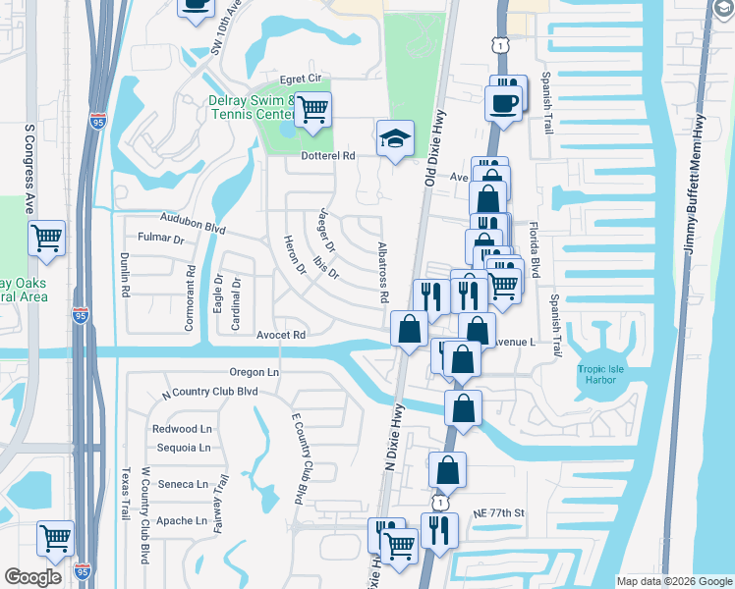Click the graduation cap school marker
coord(395,139)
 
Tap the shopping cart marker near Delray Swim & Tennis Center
coord(312,110)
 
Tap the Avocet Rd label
coord(282,335)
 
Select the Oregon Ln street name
coord(254,372)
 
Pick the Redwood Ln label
coord(182,429)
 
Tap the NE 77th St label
coord(499,512)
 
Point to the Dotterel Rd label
coord(321,155)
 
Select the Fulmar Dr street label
coord(161,239)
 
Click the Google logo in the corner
coord(33,577)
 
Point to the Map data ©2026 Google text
coord(673,581)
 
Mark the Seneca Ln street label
coord(182,484)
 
